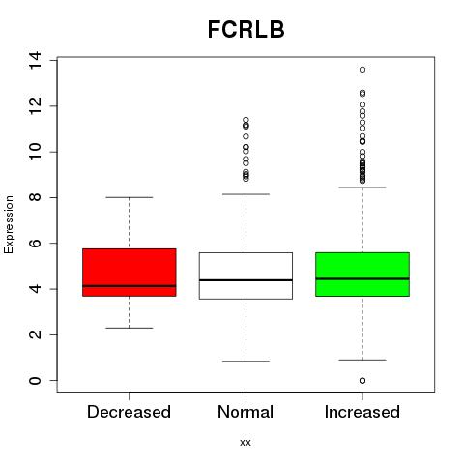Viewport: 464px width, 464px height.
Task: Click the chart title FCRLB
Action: pos(246,29)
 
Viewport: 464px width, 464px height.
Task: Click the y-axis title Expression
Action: pos(9,224)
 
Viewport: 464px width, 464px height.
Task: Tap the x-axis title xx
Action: pos(246,442)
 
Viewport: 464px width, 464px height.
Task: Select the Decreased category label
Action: pos(129,412)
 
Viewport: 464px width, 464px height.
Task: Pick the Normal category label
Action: pos(246,412)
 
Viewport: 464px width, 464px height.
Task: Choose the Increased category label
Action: pos(362,412)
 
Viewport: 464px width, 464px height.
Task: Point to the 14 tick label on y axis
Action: pos(35,60)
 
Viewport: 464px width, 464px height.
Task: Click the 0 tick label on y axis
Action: pos(35,381)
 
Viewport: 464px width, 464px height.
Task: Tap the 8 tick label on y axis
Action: pos(35,197)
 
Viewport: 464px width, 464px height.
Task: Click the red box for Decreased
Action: pos(130,273)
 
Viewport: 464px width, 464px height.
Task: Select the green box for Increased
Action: pos(362,275)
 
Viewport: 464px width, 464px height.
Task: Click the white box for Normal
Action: pos(246,275)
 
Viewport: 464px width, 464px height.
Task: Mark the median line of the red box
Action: pos(130,286)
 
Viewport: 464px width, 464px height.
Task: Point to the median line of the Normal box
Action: pos(246,280)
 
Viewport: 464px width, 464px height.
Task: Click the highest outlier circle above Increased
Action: pos(362,70)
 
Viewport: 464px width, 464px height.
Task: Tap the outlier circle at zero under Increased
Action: pos(362,381)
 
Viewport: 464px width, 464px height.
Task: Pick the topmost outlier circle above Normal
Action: pos(246,120)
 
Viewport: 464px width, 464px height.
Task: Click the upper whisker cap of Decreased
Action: pos(130,197)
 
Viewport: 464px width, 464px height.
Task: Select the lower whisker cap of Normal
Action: pos(246,362)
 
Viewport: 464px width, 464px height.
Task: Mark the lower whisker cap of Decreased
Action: pos(130,328)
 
